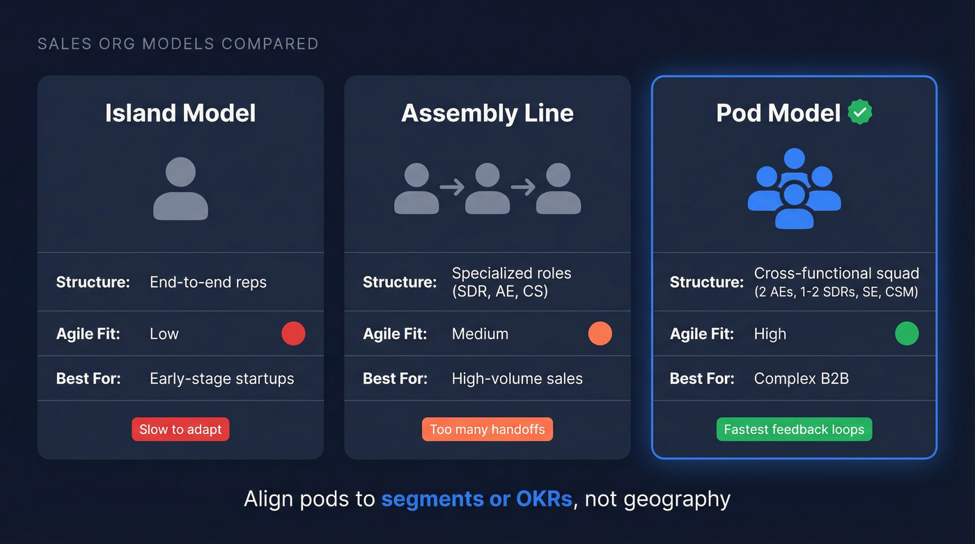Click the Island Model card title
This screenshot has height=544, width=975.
pyautogui.click(x=180, y=114)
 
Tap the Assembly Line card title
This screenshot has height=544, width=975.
pyautogui.click(x=487, y=114)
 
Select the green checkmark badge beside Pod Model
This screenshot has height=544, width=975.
pyautogui.click(x=860, y=112)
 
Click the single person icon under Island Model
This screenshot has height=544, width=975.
pyautogui.click(x=180, y=189)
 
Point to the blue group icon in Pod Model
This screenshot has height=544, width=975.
pyautogui.click(x=794, y=189)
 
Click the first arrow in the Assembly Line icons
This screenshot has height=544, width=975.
pyautogui.click(x=452, y=187)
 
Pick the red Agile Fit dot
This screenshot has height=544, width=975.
pyautogui.click(x=293, y=334)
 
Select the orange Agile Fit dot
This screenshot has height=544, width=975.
pyautogui.click(x=600, y=334)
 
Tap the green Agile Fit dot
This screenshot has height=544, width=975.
pyautogui.click(x=906, y=334)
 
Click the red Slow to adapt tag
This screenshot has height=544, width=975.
pyautogui.click(x=180, y=429)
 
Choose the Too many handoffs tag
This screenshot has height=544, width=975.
pyautogui.click(x=487, y=429)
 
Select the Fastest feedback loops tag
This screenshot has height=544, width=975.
pyautogui.click(x=794, y=429)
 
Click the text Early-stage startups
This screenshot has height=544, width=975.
pyautogui.click(x=221, y=379)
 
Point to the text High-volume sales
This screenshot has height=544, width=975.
pyautogui.click(x=517, y=379)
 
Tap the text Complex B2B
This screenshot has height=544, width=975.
pyautogui.click(x=801, y=379)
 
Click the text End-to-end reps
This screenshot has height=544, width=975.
pyautogui.click(x=208, y=282)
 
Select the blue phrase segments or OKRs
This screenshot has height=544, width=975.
pyautogui.click(x=476, y=499)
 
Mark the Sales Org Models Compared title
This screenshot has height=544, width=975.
pyautogui.click(x=178, y=44)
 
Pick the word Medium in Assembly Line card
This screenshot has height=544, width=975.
pyautogui.click(x=480, y=334)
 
